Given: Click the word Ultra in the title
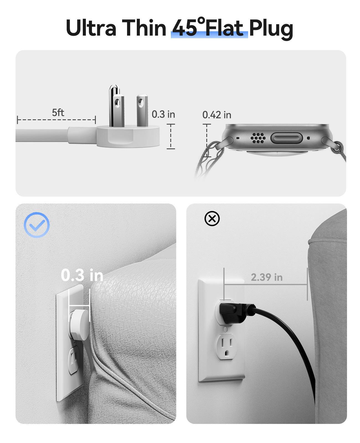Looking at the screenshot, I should pos(91,28).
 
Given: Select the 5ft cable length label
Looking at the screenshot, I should pos(58,113).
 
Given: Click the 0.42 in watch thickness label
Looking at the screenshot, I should pos(217,115).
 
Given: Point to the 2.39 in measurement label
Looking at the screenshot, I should pos(267,277).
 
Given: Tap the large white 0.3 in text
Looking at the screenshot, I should pos(82,275).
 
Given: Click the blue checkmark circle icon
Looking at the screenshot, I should pos(37,225).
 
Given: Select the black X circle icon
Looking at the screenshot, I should pos(212,219).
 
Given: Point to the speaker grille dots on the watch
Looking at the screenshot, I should pos(258,138).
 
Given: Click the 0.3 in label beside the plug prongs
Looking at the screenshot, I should pos(163,114).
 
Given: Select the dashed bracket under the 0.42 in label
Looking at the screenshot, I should pos(207,140).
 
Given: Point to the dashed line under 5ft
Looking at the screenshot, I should pos(56,120).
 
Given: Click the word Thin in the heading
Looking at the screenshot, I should pos(144,28).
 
